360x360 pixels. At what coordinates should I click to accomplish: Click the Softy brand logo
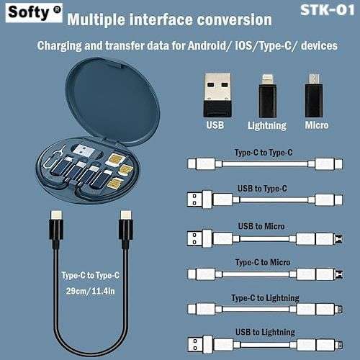click(x=34, y=13)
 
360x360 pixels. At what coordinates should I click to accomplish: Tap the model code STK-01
click(x=328, y=10)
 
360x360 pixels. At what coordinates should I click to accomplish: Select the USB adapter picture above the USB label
click(x=217, y=95)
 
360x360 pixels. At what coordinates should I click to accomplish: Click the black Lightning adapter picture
click(x=267, y=96)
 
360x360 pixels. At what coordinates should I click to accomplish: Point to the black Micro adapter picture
click(x=313, y=96)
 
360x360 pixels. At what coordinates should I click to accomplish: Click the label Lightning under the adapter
click(x=267, y=125)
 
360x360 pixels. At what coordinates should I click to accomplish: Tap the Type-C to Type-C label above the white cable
click(x=264, y=153)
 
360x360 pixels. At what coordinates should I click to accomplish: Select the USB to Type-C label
click(x=262, y=189)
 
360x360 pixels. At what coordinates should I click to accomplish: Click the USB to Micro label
click(x=261, y=226)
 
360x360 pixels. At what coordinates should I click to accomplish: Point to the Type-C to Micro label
click(x=263, y=262)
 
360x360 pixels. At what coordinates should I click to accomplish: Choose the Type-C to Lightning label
click(x=265, y=298)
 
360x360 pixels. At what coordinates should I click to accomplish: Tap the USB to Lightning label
click(x=265, y=333)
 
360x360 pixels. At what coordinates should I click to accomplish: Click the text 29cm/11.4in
click(x=91, y=292)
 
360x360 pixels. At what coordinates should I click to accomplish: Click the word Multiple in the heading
click(x=96, y=19)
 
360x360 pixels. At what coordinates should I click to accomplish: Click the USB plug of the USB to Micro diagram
click(x=199, y=238)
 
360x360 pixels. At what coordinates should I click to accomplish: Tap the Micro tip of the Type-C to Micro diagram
click(x=339, y=274)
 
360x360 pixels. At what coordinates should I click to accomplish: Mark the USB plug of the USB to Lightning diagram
click(x=199, y=344)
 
